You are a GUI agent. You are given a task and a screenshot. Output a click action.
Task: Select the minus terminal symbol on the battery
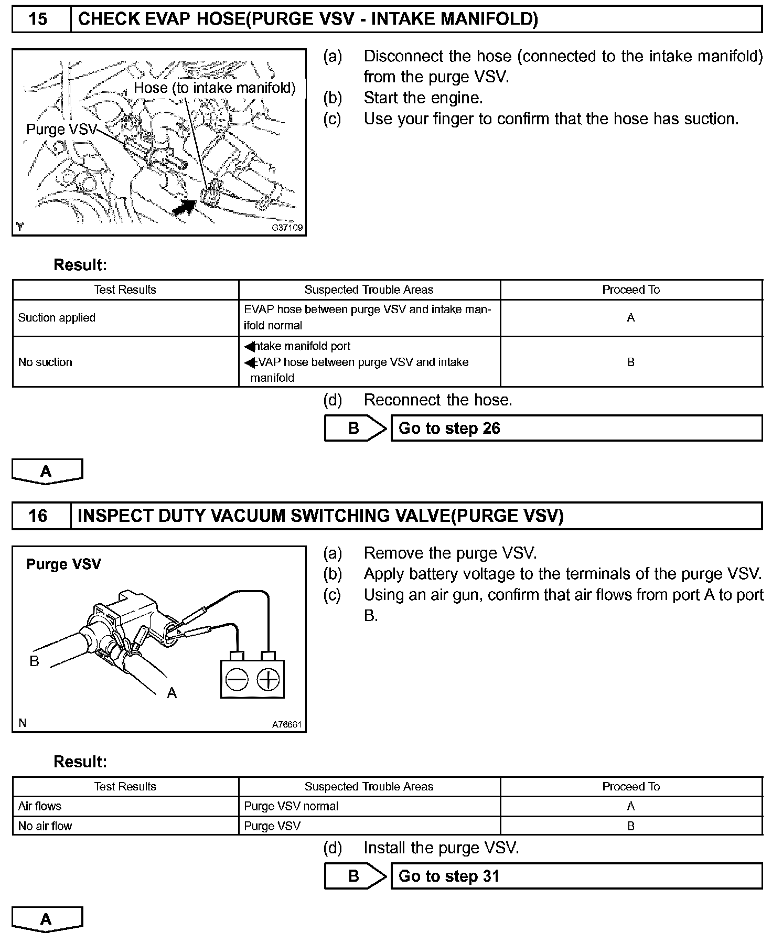point(237,680)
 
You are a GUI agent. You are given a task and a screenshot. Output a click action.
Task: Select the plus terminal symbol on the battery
point(269,680)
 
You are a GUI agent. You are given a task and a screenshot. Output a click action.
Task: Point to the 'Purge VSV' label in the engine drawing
point(62,130)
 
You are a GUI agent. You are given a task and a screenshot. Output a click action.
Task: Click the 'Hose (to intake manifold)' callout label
point(215,88)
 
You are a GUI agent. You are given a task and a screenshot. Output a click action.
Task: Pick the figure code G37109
point(287,228)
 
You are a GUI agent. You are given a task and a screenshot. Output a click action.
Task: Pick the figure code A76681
point(286,725)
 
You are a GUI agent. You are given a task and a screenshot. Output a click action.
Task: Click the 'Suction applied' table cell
point(57,318)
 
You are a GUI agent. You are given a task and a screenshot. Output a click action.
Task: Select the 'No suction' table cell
point(45,362)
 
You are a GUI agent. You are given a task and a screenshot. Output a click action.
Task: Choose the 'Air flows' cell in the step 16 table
point(40,806)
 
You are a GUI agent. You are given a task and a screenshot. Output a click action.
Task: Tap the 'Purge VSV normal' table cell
point(291,806)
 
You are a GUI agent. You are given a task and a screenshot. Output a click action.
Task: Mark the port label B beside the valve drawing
point(35,661)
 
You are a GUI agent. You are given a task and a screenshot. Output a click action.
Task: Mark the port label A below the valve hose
point(171,693)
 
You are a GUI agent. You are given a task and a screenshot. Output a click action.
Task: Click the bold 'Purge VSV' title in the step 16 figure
point(63,564)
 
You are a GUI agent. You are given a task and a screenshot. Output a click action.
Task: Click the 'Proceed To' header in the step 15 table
point(631,290)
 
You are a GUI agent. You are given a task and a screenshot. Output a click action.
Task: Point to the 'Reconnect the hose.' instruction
point(437,400)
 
